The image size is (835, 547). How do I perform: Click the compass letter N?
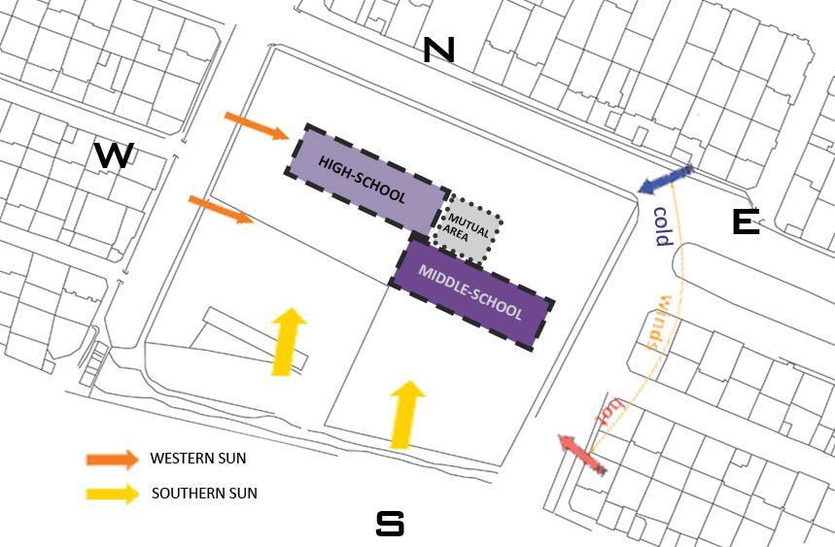pyautogui.click(x=438, y=51)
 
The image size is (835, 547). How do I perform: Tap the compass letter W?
pyautogui.click(x=114, y=154)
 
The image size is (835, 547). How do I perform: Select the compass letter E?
pyautogui.click(x=746, y=222)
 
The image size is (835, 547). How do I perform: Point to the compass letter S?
pyautogui.click(x=390, y=524)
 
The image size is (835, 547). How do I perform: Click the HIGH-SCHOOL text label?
pyautogui.click(x=362, y=181)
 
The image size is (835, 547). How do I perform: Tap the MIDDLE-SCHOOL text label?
pyautogui.click(x=470, y=292)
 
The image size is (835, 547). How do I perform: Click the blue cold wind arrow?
pyautogui.click(x=666, y=180)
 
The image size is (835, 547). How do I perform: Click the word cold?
pyautogui.click(x=661, y=226)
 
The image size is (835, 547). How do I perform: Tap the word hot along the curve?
pyautogui.click(x=611, y=413)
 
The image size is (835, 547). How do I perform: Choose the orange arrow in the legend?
pyautogui.click(x=112, y=459)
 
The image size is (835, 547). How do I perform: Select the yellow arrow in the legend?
pyautogui.click(x=112, y=493)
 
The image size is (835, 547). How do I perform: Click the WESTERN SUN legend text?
pyautogui.click(x=198, y=459)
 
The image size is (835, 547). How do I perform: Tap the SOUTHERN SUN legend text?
pyautogui.click(x=204, y=494)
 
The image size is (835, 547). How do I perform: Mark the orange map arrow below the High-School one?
pyautogui.click(x=221, y=209)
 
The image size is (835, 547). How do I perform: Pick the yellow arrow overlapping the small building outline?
pyautogui.click(x=287, y=341)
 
